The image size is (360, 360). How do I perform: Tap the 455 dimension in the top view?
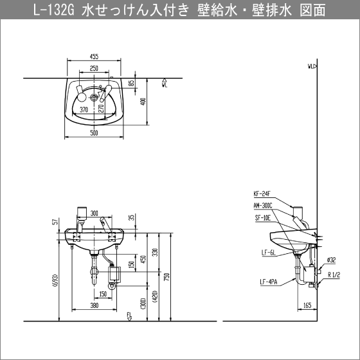94,57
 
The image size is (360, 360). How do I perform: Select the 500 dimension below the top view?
94,133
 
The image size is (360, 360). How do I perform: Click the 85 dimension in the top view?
130,83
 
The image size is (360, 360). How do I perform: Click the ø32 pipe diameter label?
332,260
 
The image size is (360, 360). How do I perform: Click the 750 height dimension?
166,276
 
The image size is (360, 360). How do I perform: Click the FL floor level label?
129,314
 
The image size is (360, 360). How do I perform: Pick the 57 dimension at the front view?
57,222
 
